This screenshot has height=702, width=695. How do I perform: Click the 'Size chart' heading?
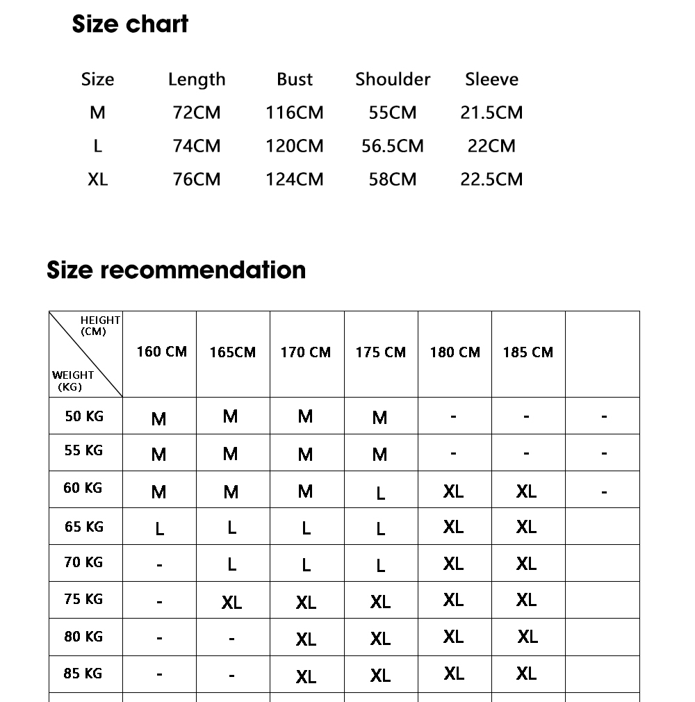(130, 24)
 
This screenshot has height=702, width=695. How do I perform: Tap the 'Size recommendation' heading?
(176, 270)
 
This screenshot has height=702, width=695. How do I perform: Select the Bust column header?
(295, 79)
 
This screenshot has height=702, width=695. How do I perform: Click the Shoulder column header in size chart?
(393, 79)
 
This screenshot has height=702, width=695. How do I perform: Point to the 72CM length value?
(197, 113)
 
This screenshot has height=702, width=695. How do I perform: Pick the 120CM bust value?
(295, 146)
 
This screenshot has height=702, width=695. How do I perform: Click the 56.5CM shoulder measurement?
(393, 146)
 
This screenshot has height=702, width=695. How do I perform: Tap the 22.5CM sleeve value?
(491, 179)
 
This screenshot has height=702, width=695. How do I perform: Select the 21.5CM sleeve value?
(491, 113)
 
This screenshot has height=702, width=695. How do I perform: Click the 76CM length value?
(197, 179)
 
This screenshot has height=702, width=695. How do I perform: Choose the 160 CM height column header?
(161, 352)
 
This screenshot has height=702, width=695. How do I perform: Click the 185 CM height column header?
(528, 352)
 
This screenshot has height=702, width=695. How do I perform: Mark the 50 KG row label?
(84, 416)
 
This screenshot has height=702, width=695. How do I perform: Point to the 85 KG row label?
(83, 674)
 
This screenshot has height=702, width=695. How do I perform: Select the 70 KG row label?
(83, 562)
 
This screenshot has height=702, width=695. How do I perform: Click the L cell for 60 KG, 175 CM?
(380, 493)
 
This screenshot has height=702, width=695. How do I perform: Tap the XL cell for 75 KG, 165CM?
(231, 603)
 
